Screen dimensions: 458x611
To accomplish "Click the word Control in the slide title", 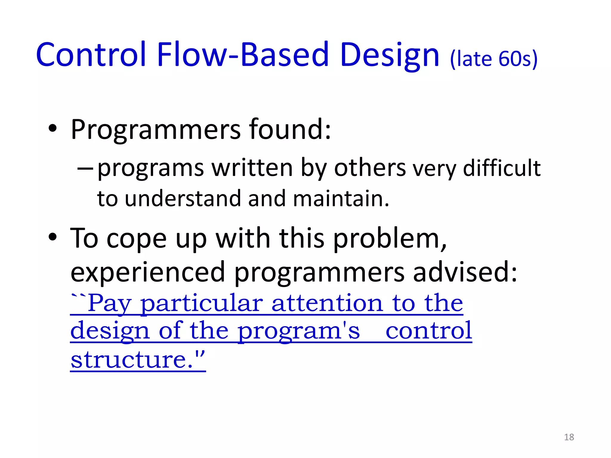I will [91, 55].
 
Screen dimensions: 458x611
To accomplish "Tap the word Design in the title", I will [389, 55].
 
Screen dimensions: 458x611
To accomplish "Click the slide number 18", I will [569, 437].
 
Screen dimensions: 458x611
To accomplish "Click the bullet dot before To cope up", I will [53, 238].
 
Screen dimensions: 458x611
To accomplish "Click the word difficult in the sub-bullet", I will [502, 168].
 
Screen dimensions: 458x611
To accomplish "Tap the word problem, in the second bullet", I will [390, 239].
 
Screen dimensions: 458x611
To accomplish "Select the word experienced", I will [147, 272].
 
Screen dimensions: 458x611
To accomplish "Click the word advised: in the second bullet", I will [465, 272].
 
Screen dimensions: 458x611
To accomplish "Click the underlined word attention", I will [327, 304].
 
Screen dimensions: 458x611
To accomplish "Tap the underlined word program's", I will [299, 331].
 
